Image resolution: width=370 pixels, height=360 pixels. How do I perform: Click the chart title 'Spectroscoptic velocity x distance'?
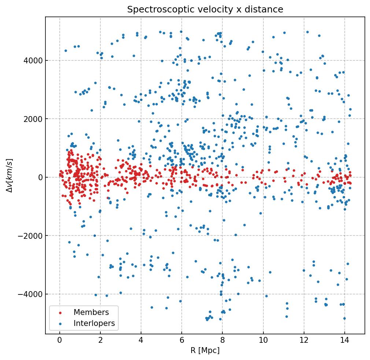[205, 10]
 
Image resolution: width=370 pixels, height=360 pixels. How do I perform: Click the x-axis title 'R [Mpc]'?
[205, 350]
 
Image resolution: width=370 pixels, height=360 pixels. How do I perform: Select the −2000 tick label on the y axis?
[30, 236]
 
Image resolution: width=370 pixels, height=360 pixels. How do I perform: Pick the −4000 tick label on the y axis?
[30, 294]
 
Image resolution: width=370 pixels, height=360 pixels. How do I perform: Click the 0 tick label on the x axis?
[60, 340]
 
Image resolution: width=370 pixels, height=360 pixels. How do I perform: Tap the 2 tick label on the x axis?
[100, 340]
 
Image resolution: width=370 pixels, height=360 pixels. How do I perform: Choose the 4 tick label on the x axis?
[141, 340]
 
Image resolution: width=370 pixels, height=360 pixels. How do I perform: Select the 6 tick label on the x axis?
[182, 340]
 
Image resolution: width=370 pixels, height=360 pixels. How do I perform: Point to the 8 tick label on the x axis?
[222, 340]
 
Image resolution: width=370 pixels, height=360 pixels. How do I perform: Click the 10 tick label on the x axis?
[263, 340]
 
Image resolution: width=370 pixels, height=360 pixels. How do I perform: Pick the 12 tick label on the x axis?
[304, 340]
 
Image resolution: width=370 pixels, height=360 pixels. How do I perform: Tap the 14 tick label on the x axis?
[344, 340]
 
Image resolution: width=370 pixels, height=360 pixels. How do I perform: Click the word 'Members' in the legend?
[91, 312]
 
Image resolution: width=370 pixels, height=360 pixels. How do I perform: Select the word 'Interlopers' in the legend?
[94, 323]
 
